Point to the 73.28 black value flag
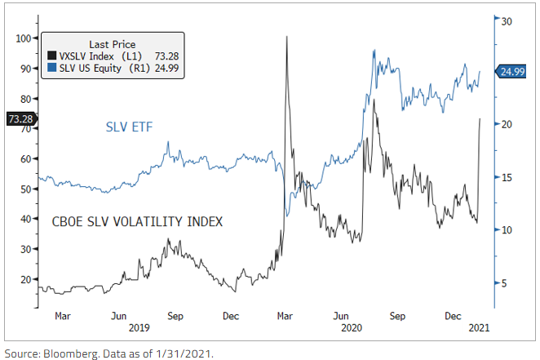coord(20,118)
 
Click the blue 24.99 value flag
coord(513,72)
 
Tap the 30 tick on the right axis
coord(506,20)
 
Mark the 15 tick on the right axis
coord(506,178)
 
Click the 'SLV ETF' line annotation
coord(130,127)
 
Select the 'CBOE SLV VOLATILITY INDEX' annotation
coord(138,221)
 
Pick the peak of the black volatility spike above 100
coord(286,36)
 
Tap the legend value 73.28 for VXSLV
coord(166,56)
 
